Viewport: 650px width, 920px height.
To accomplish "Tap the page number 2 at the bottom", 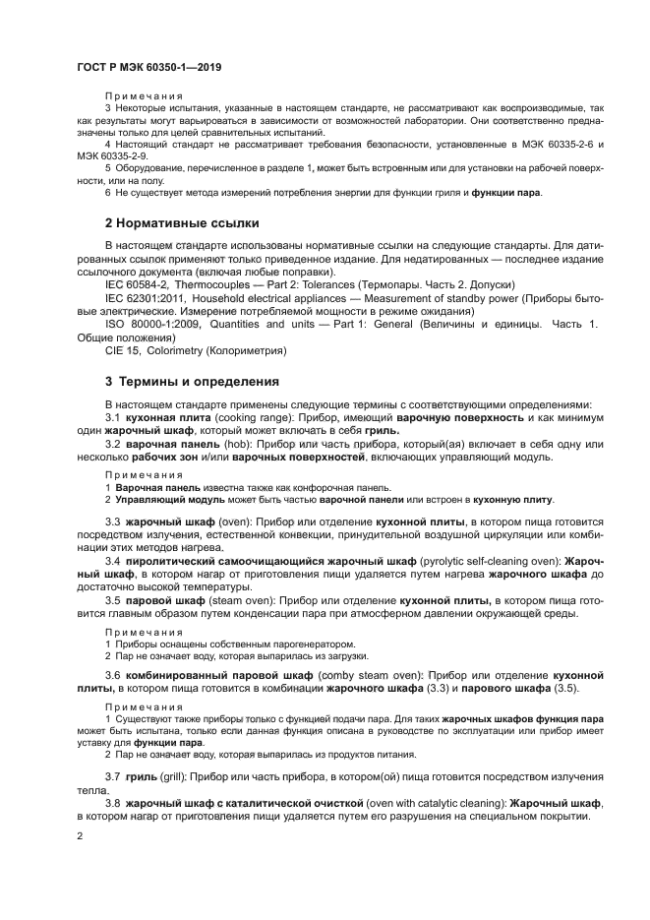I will point(81,836).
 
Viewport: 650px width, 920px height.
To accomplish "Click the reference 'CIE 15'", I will point(123,351).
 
